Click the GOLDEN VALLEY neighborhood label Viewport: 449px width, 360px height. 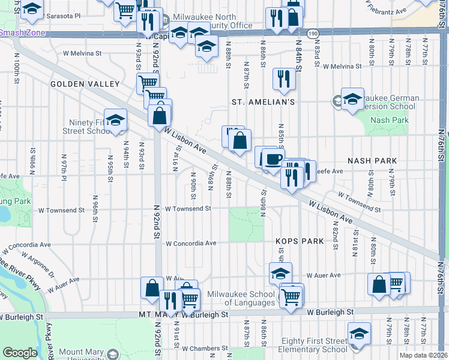point(85,84)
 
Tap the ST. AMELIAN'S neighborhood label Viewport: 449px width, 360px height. point(263,103)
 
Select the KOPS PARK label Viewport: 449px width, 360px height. point(300,241)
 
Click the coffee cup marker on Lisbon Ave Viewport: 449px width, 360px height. point(274,158)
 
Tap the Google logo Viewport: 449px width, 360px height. point(20,353)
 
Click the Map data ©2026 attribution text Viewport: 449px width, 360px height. point(423,355)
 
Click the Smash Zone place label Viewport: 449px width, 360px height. point(23,32)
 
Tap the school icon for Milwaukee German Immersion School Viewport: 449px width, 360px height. point(352,98)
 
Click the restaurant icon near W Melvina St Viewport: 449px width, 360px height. point(283,78)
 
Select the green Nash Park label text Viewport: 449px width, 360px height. point(390,120)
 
